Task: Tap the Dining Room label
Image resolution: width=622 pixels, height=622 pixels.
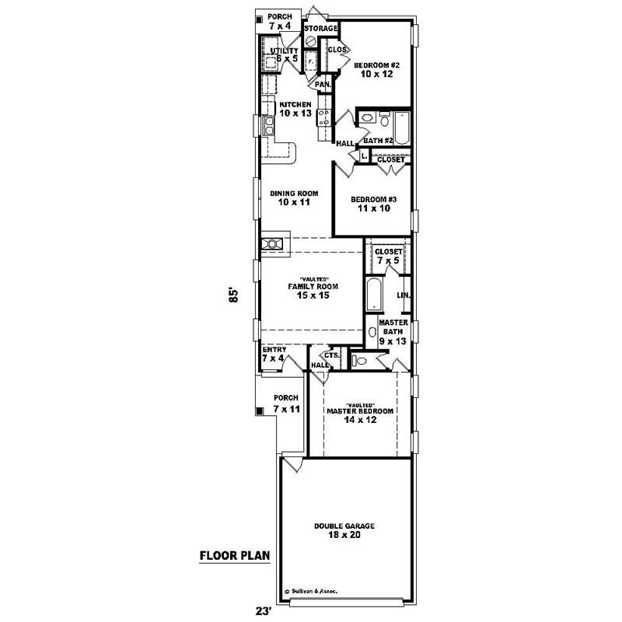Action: coord(290,197)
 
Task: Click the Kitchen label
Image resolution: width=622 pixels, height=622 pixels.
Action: coord(295,109)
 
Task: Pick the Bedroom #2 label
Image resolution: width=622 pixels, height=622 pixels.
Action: coord(376,71)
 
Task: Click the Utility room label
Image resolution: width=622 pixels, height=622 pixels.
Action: coord(284,54)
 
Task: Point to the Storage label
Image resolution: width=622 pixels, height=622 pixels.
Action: coord(321,29)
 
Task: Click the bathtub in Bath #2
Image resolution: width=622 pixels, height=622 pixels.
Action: coord(403,128)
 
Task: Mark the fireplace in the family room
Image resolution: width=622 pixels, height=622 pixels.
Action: coord(273,244)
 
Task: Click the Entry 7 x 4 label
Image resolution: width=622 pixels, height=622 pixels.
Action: coord(274,354)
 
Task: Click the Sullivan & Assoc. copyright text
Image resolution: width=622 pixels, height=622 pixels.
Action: coord(317,590)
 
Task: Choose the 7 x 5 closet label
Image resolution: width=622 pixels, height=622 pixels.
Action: coord(389,257)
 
